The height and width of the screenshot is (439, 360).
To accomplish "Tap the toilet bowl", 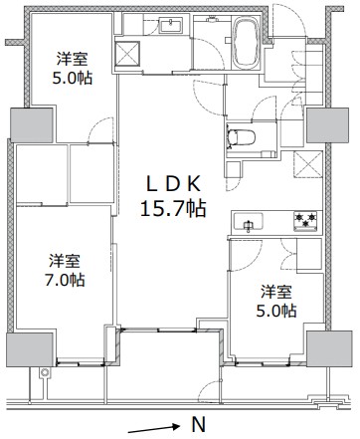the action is coord(242,137).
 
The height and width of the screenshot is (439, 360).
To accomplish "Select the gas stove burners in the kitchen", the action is coord(306,221).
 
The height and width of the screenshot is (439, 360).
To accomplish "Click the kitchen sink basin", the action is coord(249,222).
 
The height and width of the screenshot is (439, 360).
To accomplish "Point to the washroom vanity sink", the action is coord(170,26).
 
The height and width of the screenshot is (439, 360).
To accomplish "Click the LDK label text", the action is coord(173,184).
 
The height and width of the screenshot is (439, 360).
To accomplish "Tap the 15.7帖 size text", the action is coord(173,209).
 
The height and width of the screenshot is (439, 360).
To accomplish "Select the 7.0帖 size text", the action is coord(65,280).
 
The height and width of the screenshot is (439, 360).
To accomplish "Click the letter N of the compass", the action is coord(198,424).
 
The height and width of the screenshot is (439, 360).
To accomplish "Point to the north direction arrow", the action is coord(153,428).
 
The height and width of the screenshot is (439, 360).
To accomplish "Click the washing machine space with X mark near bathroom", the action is coord(127,54).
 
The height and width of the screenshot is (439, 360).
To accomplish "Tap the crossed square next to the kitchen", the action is coord(308,164).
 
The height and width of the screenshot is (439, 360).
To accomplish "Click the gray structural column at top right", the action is coord(327,125).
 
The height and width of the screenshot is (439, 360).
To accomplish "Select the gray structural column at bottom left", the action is coord(30,349).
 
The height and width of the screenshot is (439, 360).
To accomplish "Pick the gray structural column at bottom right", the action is coord(329,348).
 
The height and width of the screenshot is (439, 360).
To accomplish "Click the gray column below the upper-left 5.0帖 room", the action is coord(32,125).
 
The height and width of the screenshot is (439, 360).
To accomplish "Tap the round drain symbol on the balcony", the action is coord(45,373).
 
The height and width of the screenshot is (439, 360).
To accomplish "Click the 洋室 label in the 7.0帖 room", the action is coord(65,261).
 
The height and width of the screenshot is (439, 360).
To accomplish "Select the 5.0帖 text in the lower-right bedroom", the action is coord(276,311).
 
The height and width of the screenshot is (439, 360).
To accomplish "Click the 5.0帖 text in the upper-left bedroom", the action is coord(72,79).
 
